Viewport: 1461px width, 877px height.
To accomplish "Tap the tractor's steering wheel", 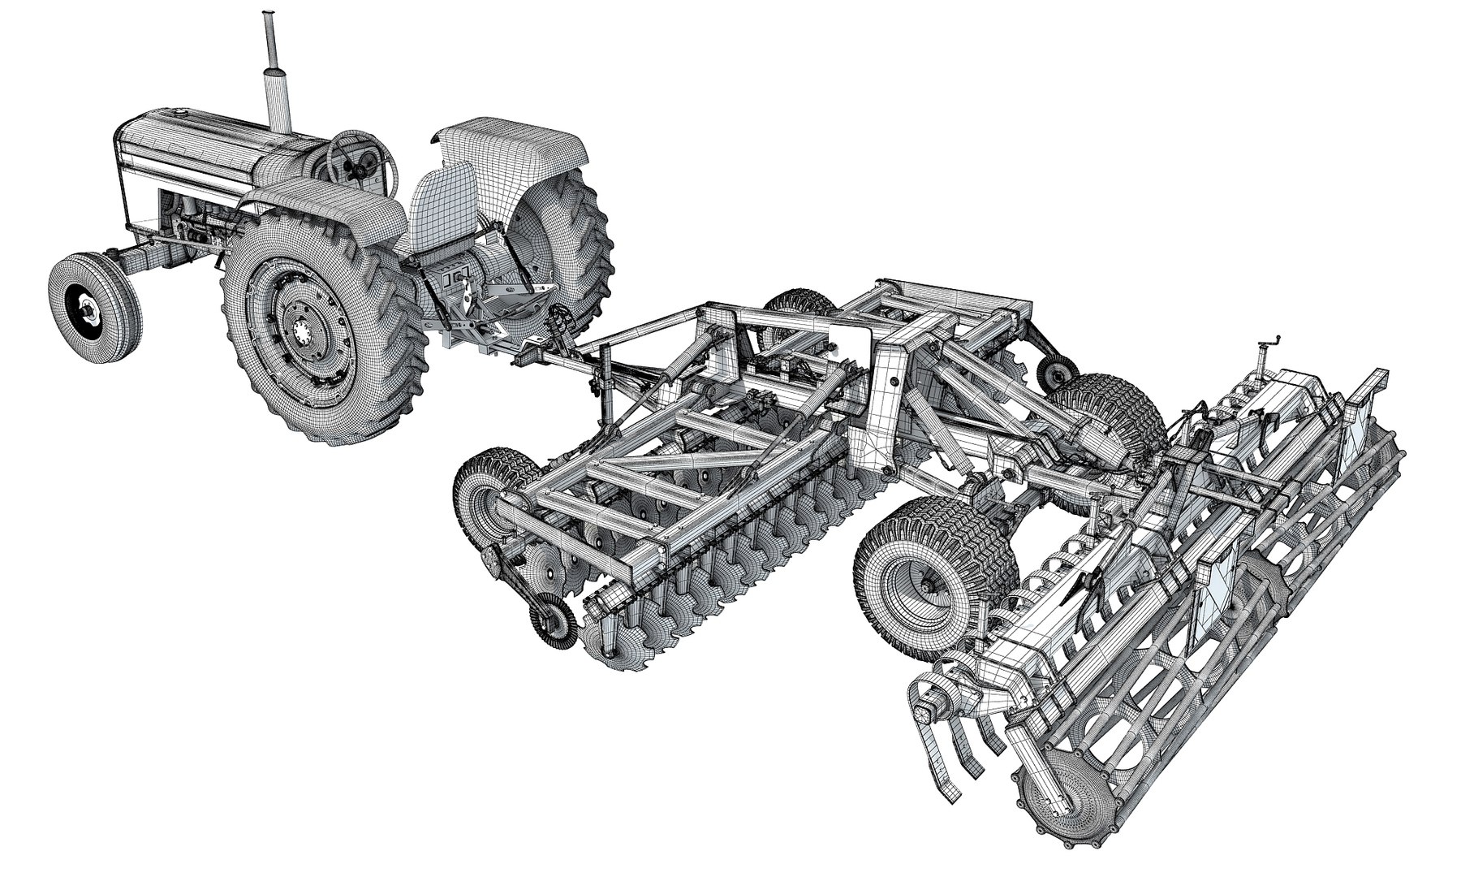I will (x=363, y=159).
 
